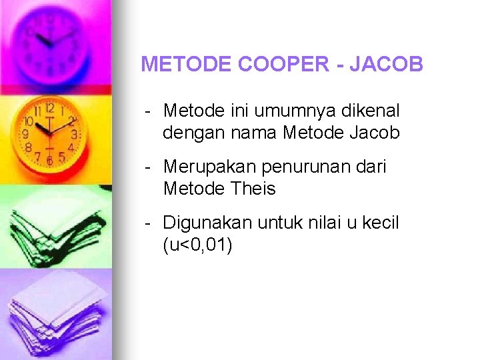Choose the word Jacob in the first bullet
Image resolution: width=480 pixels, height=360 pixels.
tap(374, 133)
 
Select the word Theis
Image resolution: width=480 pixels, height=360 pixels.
tap(253, 189)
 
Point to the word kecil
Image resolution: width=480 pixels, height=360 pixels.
tap(380, 223)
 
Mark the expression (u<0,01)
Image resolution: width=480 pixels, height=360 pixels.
tap(197, 245)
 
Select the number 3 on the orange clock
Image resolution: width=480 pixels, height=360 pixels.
tap(73, 134)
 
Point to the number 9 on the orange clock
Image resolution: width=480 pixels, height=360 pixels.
tap(26, 134)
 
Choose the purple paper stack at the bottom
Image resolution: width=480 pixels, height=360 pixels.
tap(53, 313)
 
